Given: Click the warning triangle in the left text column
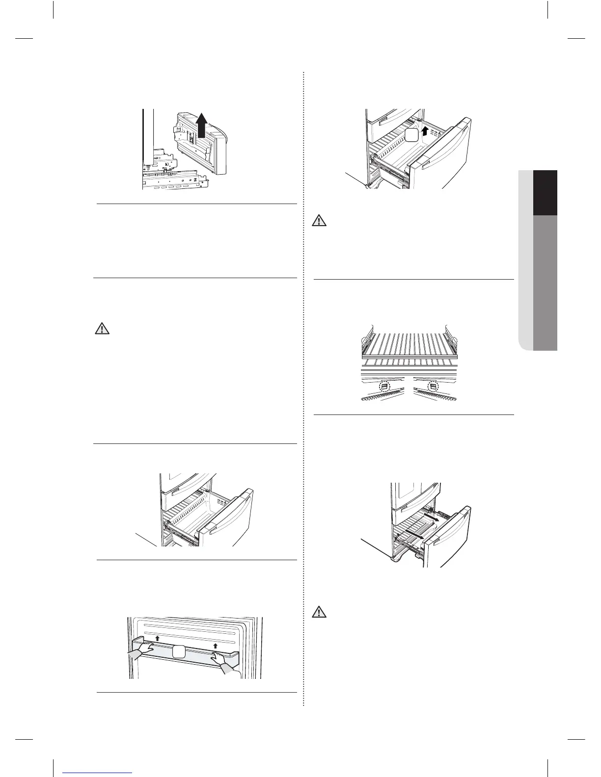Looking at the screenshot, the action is (102, 328).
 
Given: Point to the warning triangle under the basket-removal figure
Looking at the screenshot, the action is (320, 220).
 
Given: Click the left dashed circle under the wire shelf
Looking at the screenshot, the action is (384, 387).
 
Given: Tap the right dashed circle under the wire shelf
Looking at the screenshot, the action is (432, 387).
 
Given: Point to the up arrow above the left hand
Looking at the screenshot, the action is (157, 638).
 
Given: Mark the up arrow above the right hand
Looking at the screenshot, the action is (215, 646).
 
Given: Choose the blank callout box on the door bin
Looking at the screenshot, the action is (179, 652).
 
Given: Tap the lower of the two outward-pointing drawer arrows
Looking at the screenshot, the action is (414, 534).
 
